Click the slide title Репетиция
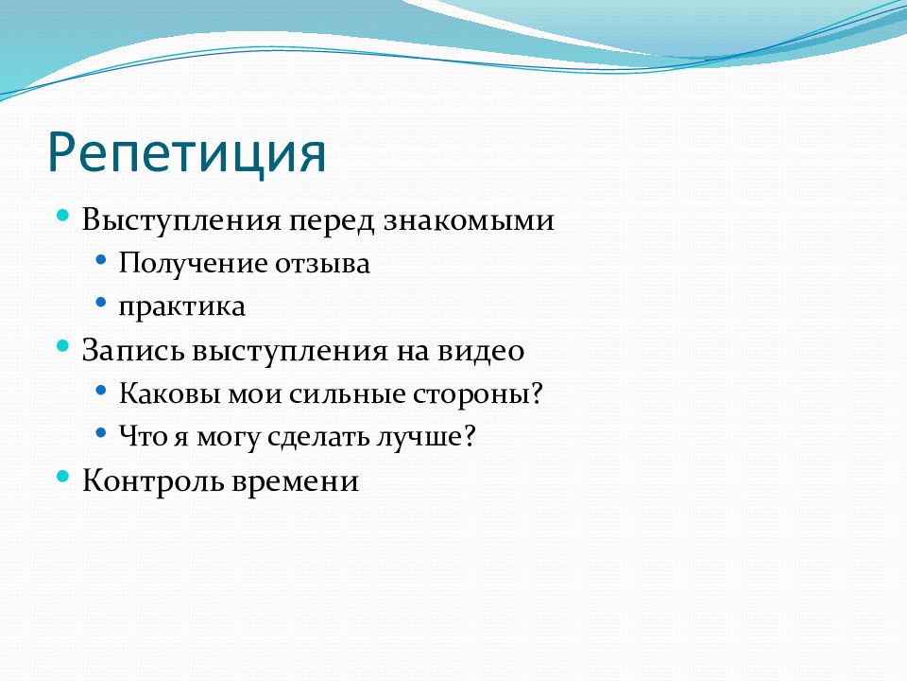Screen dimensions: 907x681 tap(187, 153)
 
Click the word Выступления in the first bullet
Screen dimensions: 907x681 tap(181, 220)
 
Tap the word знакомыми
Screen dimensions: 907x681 tap(469, 220)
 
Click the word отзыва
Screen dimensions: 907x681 tap(322, 265)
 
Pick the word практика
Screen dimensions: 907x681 tap(181, 307)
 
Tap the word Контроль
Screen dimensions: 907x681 tap(153, 481)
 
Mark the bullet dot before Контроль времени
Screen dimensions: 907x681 tap(63, 477)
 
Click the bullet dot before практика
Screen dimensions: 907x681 tap(101, 303)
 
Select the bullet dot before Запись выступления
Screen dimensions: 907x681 tap(63, 346)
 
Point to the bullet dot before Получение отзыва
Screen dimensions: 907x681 tap(101, 259)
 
